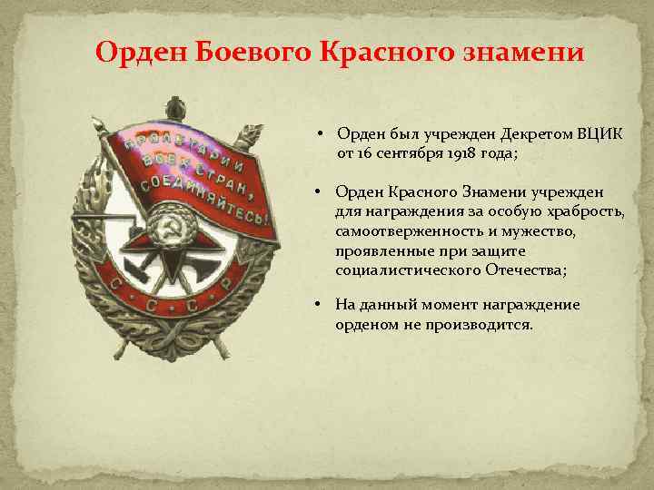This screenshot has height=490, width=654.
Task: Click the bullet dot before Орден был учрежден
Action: tap(322, 134)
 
